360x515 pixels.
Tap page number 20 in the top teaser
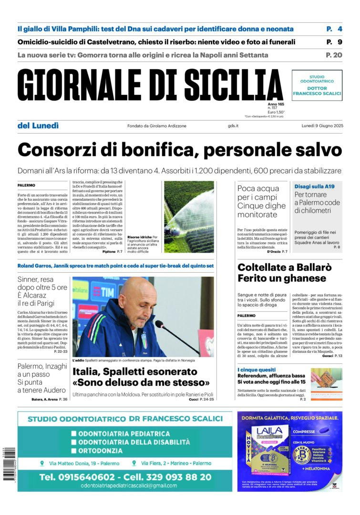point(334,55)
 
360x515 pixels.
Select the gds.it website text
point(233,126)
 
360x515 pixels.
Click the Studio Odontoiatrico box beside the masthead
point(317,85)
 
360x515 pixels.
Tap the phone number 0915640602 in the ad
point(77,477)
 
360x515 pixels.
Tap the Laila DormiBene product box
point(269,451)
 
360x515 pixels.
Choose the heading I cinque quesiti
point(257,370)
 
